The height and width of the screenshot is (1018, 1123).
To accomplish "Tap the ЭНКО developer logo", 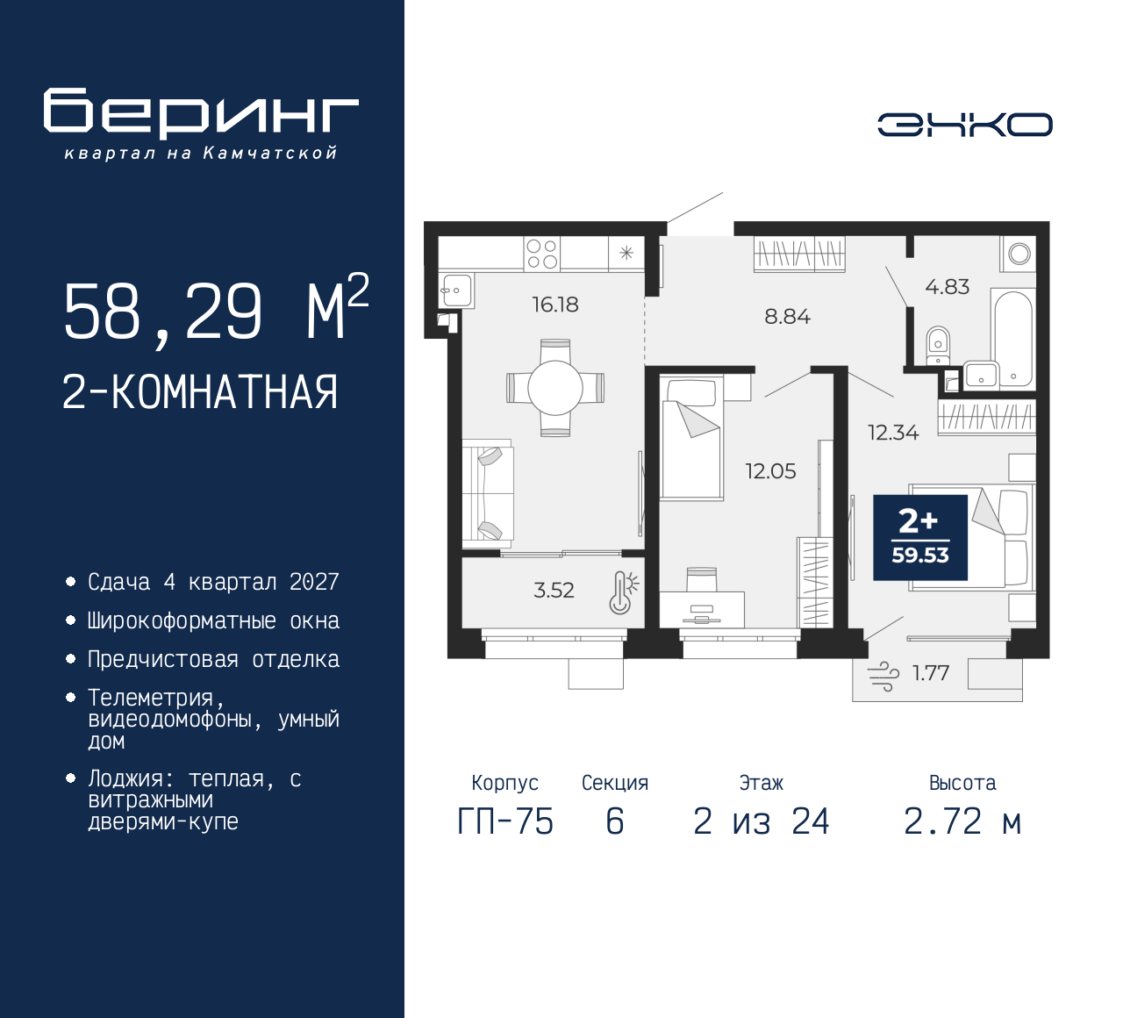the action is click(964, 125).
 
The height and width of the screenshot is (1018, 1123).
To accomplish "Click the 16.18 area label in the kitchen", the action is click(554, 305).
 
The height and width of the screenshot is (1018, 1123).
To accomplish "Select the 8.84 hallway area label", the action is click(787, 317).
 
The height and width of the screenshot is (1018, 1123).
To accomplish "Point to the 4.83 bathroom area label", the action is click(947, 287).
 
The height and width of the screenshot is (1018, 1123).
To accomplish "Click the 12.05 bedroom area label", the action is click(770, 471).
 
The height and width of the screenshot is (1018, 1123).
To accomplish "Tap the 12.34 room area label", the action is click(893, 433).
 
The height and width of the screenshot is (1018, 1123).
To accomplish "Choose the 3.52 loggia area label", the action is click(554, 591).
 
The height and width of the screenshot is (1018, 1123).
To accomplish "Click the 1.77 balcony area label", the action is click(931, 672).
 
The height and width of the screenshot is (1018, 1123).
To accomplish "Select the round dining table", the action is click(554, 388).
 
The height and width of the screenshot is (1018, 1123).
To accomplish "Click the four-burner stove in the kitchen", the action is click(542, 254).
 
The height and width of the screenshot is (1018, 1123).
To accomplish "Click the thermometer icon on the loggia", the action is click(623, 592).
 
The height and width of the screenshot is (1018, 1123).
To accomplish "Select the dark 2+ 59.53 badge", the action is click(920, 538).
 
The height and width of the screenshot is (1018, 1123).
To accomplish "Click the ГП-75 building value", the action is click(505, 821).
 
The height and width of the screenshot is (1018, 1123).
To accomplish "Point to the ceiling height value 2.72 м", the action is click(962, 821).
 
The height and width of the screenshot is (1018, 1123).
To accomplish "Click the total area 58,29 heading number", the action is click(163, 312).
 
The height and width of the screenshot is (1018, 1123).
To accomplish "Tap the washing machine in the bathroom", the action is click(1019, 254).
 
